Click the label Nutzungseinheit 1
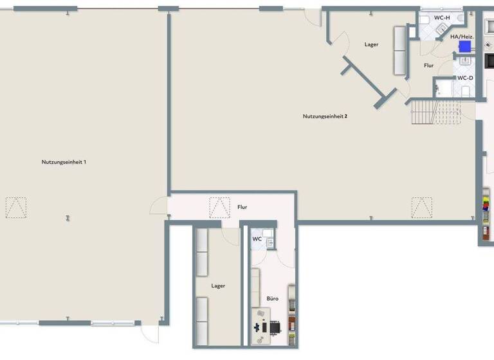(x=64, y=162)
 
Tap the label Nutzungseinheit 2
(x=325, y=116)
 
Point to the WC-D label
(x=465, y=78)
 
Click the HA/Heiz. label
(x=462, y=37)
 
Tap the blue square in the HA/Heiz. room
(x=464, y=47)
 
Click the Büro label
(x=273, y=299)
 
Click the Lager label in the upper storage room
(x=371, y=44)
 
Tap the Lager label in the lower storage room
(x=218, y=285)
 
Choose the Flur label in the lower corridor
(x=242, y=207)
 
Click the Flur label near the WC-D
(x=428, y=66)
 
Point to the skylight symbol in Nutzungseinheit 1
(x=17, y=207)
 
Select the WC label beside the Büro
(x=257, y=239)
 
